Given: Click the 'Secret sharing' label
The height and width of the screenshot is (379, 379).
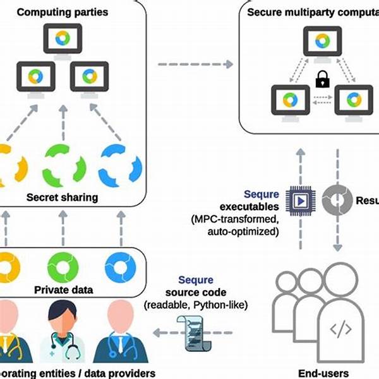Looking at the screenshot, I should tap(62, 197).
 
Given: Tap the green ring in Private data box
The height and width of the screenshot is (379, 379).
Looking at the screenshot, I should tap(63, 266).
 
